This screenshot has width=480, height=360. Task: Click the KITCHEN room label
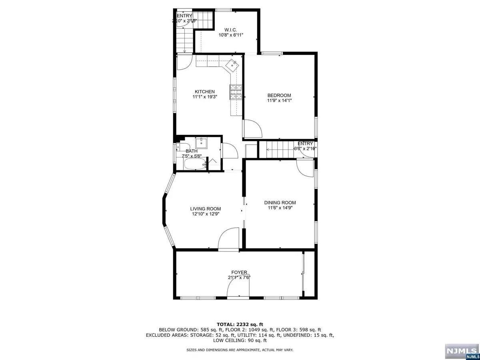click(x=205, y=92)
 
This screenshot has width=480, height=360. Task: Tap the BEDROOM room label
click(x=279, y=95)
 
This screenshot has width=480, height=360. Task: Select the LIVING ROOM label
click(x=205, y=208)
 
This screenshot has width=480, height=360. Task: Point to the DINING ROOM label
click(x=280, y=202)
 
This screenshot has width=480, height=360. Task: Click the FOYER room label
click(x=239, y=272)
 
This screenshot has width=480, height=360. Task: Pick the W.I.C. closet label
click(x=231, y=29)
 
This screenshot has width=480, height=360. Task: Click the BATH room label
click(x=191, y=151)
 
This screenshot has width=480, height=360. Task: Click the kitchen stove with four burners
click(x=235, y=92)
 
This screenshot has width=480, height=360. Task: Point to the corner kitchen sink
click(x=232, y=64)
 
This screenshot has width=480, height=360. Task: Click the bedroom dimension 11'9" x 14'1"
click(x=279, y=101)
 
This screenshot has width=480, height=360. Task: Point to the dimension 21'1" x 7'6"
click(x=239, y=278)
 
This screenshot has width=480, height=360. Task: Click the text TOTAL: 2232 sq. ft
click(x=240, y=324)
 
